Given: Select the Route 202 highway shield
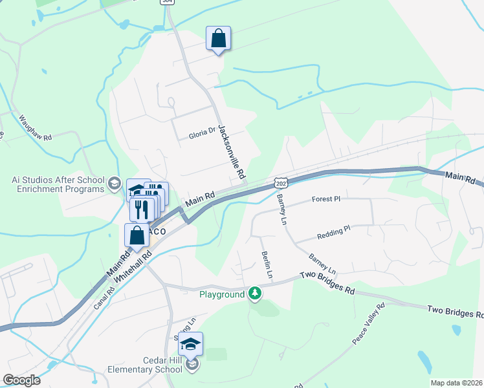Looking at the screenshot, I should [280, 184].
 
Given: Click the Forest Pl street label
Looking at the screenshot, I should [325, 199].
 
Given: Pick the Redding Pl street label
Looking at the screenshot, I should [334, 229].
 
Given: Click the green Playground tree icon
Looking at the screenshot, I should [256, 294].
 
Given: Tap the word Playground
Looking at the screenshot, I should [221, 294].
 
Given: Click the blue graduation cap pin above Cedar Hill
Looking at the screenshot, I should [191, 345].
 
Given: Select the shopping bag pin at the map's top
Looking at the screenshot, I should [219, 39].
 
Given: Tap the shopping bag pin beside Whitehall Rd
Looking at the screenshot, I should [137, 235].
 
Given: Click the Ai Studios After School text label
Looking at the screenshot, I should [58, 184].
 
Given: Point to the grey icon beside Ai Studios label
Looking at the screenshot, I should [115, 184].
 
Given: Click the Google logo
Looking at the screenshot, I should [21, 380].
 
